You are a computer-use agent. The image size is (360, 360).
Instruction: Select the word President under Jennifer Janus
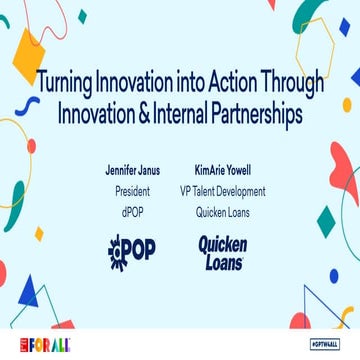(133, 191)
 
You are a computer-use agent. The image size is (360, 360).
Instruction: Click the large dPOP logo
(131, 251)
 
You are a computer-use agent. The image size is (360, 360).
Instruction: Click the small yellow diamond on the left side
(40, 234)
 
